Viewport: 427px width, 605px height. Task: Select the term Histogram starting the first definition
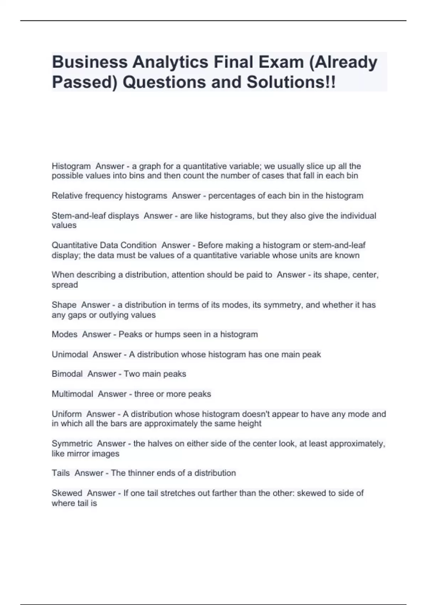coord(71,166)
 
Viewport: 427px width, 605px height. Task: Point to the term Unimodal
coord(70,354)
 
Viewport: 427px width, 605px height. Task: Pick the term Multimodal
coord(73,394)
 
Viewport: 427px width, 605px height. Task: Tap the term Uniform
coord(67,414)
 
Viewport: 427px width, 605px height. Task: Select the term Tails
coord(61,473)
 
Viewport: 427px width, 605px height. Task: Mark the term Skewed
coord(67,493)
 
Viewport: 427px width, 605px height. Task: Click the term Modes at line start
coord(64,334)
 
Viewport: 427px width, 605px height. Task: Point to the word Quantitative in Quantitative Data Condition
coord(74,245)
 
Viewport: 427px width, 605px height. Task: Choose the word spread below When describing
coord(65,285)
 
